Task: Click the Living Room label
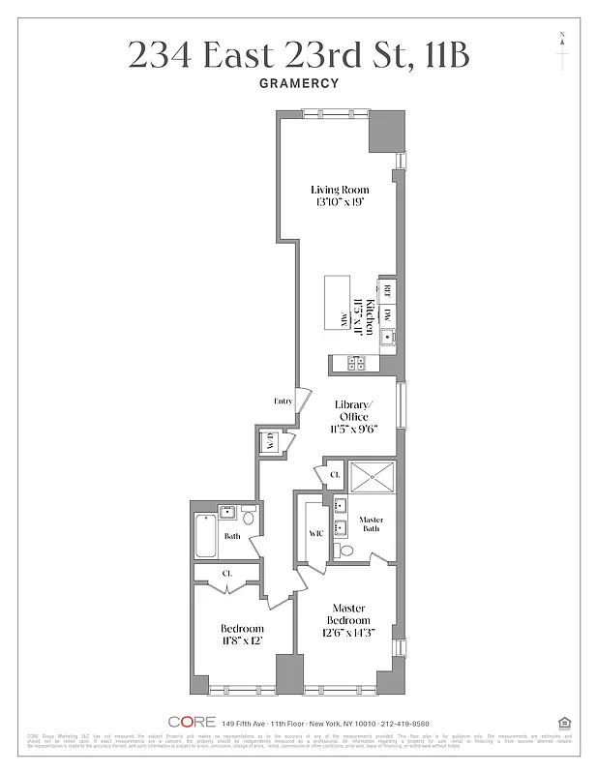[340, 190]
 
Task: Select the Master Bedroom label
[348, 613]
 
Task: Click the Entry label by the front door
[284, 401]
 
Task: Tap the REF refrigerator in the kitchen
[386, 289]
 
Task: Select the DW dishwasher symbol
[386, 314]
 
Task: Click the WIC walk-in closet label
[315, 533]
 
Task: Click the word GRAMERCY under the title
[299, 83]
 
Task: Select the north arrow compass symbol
[562, 50]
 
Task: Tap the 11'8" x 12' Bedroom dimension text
[242, 640]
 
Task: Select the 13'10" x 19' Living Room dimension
[340, 204]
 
